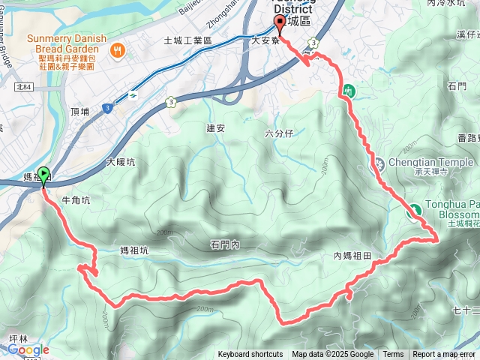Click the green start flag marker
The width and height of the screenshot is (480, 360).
point(43,175)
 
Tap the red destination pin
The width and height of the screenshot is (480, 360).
point(280,23)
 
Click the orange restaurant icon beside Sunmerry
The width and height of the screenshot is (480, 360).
point(118,50)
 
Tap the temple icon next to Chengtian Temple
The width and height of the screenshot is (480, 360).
point(379,163)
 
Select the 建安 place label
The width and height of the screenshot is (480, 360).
point(216,127)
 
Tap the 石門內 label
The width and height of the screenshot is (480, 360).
point(224,244)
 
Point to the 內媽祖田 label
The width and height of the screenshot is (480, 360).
point(352,256)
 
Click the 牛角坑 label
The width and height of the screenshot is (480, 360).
point(76,200)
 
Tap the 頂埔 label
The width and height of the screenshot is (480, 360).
point(79,112)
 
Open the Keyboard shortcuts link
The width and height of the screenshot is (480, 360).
point(250,355)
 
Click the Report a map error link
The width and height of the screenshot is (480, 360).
point(445,355)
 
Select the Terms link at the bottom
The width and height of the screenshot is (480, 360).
point(393,355)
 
